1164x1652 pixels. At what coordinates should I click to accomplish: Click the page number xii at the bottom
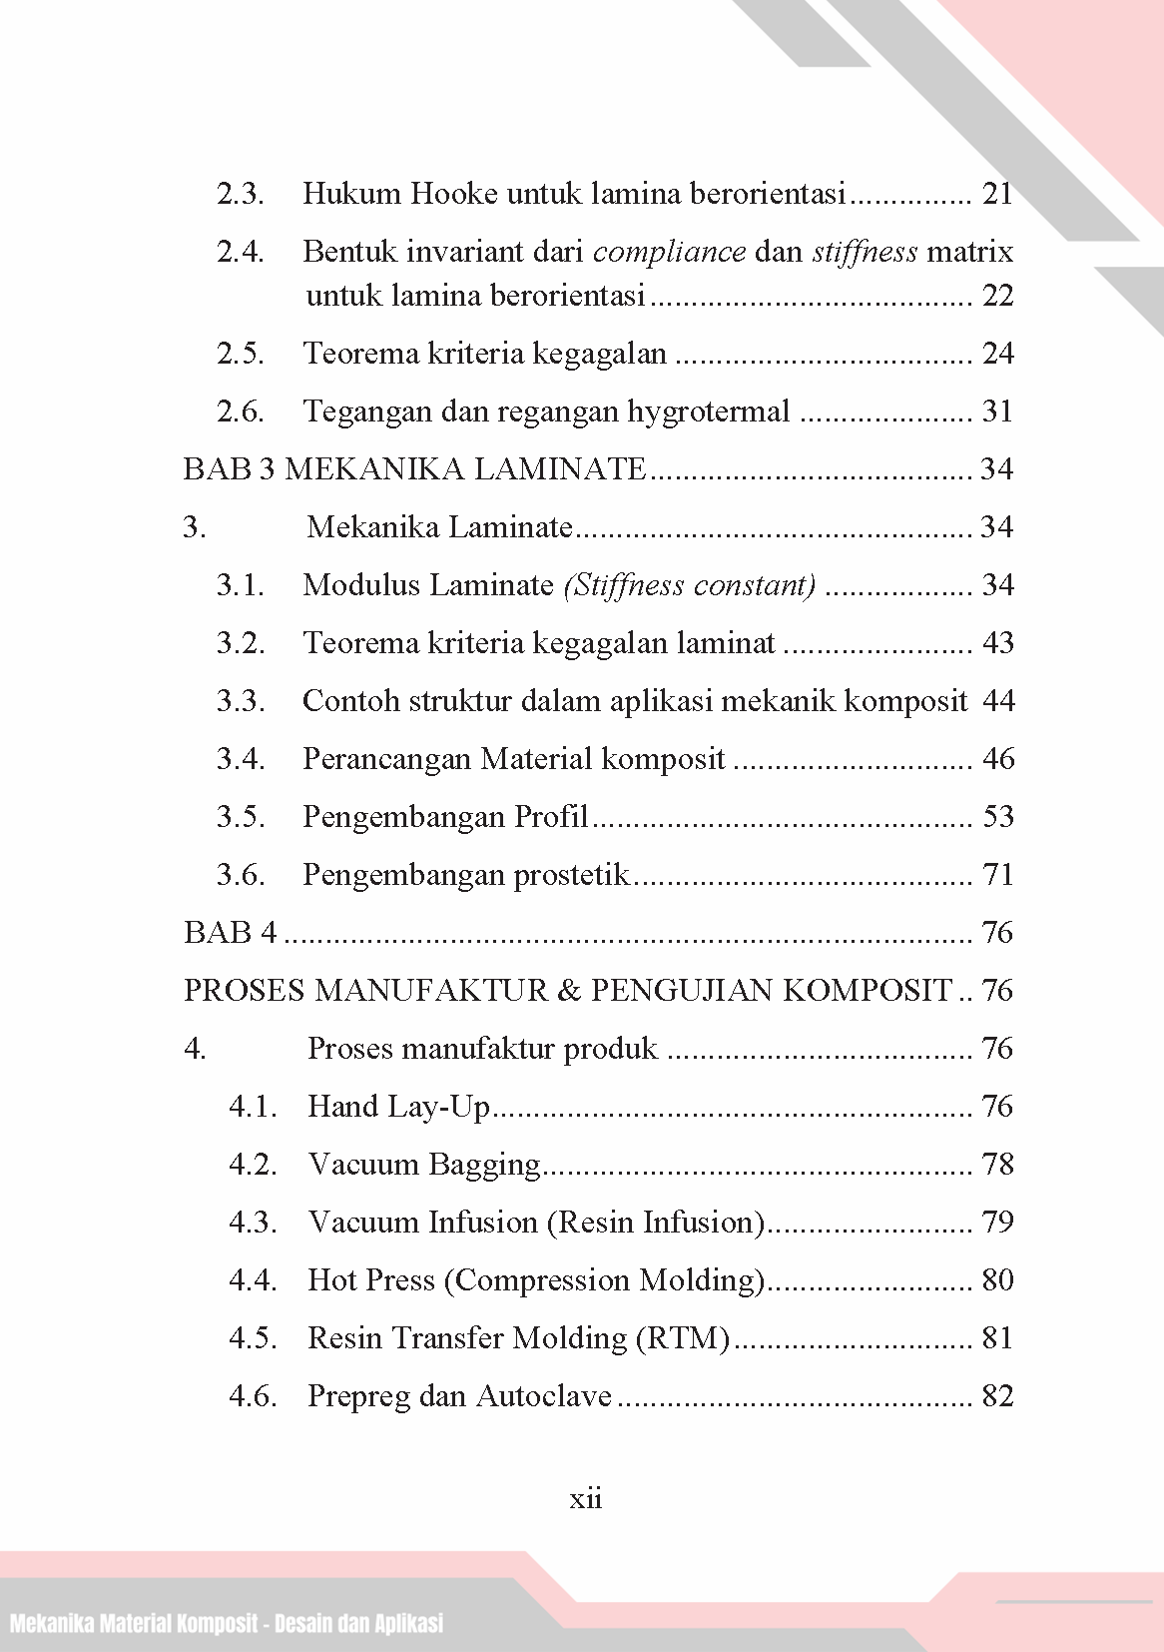(585, 1499)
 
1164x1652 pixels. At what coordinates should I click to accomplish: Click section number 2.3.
(241, 194)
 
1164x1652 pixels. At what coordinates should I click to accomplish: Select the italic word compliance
(669, 252)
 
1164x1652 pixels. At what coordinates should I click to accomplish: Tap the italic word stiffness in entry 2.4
(865, 252)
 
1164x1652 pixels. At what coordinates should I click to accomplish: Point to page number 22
(997, 297)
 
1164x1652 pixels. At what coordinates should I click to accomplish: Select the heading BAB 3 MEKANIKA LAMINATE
(415, 469)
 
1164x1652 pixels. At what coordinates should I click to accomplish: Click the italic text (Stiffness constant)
(690, 585)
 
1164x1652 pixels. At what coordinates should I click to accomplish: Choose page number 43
(997, 643)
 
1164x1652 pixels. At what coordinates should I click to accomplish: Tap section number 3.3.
(241, 701)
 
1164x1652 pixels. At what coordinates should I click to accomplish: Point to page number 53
(997, 817)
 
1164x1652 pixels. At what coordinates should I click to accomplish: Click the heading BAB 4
(231, 933)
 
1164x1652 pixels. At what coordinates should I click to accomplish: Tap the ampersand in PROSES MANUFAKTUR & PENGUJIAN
(569, 991)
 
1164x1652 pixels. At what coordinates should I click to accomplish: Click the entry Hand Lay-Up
(399, 1107)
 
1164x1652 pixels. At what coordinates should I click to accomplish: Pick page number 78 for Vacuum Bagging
(997, 1165)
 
